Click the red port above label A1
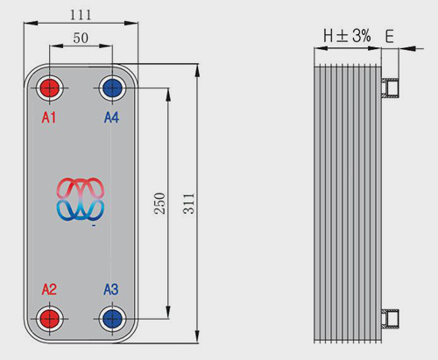coord(50,88)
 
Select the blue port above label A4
coord(112,88)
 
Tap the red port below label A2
coord(50,319)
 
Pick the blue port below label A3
coord(112,319)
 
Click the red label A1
coord(49,117)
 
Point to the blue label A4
coord(111,117)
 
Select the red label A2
coord(49,290)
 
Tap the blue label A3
coord(111,290)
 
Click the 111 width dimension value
coord(81,15)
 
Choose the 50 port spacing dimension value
coord(81,38)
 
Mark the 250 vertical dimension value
coord(159,203)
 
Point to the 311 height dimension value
coord(189,203)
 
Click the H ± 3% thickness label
coord(347,36)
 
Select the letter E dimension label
coord(390,37)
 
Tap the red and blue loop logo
coord(81,199)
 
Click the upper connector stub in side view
coord(390,88)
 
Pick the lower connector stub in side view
coord(390,319)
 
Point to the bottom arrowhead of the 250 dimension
coord(168,312)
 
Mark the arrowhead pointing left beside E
coord(406,48)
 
